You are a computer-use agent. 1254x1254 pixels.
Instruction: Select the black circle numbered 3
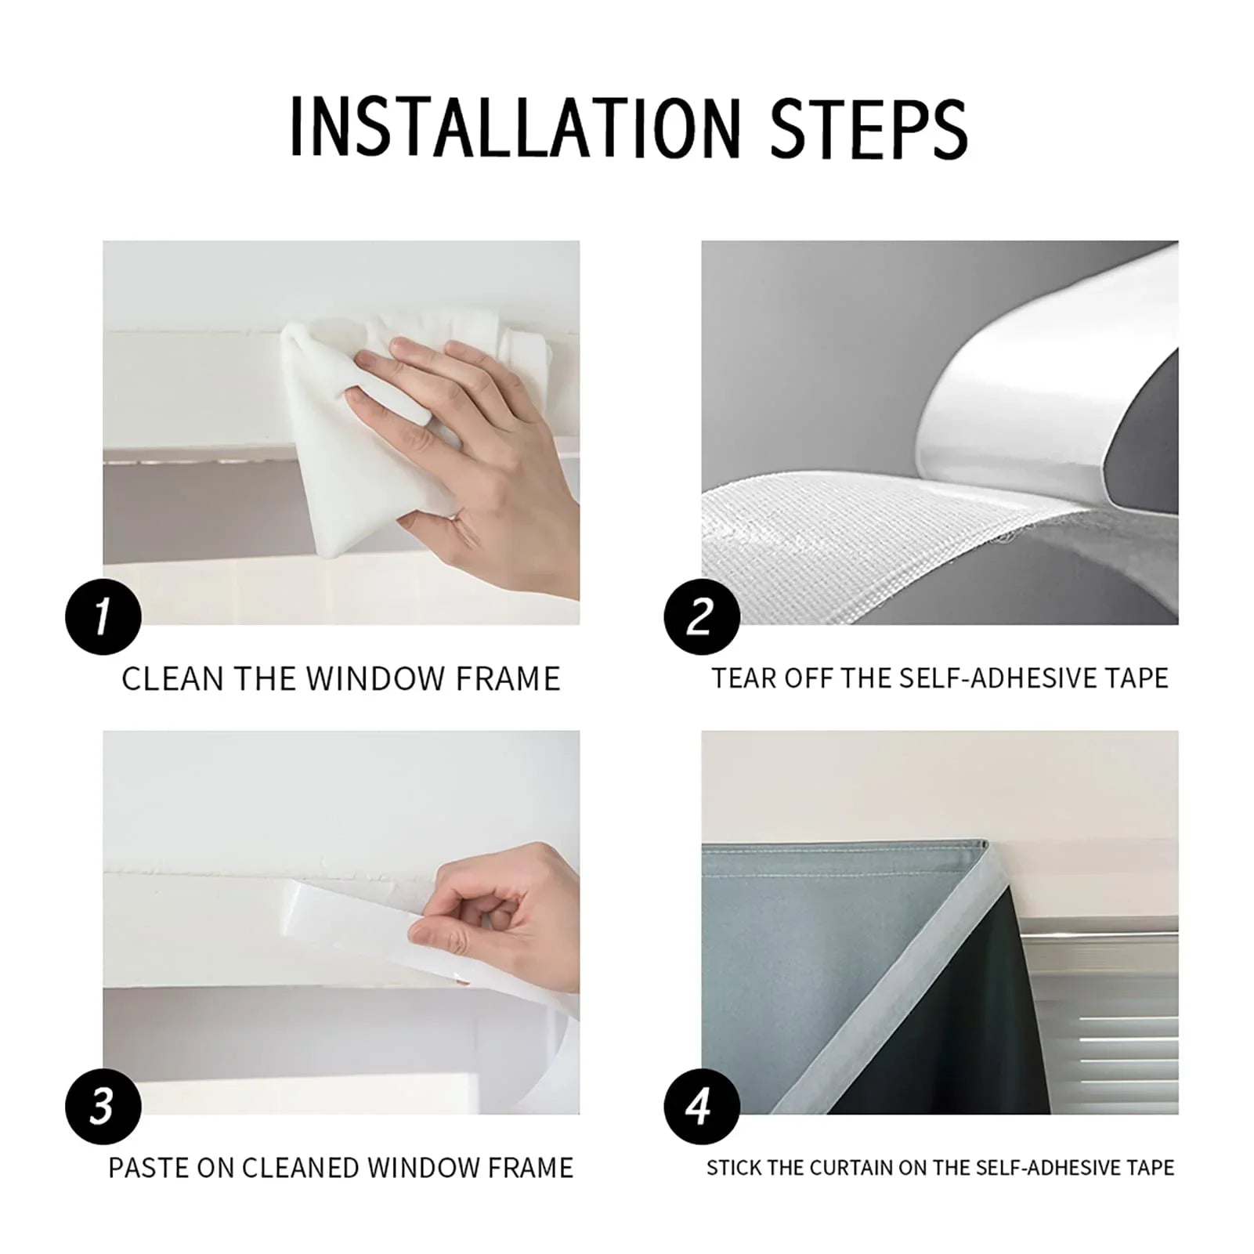[103, 1106]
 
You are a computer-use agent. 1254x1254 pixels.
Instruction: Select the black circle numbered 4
[701, 1106]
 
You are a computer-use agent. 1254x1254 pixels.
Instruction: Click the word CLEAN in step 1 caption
[172, 679]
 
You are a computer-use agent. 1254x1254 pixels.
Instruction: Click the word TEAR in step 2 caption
[743, 678]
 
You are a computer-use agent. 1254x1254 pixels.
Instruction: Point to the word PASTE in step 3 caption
[148, 1168]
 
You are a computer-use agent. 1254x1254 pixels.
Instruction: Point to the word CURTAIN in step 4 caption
[850, 1168]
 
